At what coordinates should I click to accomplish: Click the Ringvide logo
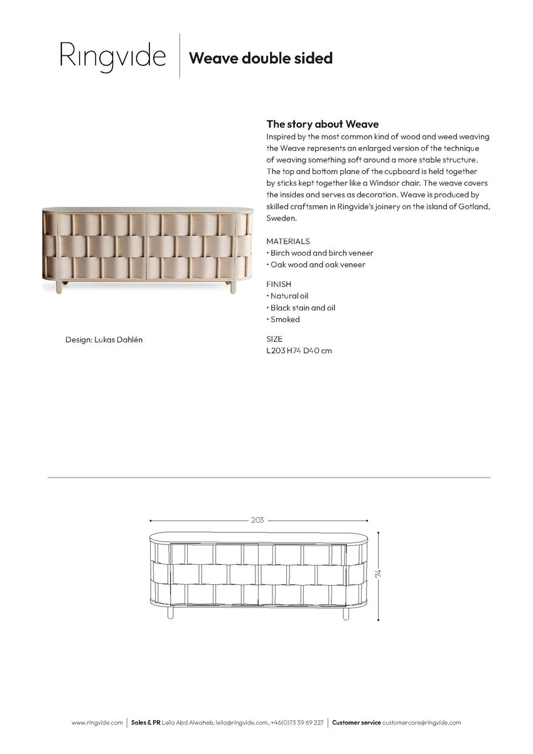click(112, 57)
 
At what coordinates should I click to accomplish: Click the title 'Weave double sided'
click(260, 58)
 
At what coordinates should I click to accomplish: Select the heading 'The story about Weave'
click(323, 124)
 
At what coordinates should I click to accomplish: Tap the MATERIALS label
click(288, 241)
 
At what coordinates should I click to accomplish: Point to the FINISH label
click(279, 284)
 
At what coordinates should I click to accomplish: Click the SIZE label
click(274, 339)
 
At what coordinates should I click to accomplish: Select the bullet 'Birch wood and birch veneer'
click(320, 253)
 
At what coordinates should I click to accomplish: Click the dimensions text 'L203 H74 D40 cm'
click(299, 351)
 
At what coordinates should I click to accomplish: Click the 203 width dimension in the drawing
click(257, 520)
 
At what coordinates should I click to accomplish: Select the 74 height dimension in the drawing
click(379, 574)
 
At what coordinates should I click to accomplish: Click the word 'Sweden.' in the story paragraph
click(281, 219)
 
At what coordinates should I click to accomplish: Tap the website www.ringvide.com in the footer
click(97, 723)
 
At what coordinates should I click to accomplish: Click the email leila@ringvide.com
click(242, 723)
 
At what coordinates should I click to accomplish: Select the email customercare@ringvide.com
click(422, 723)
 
